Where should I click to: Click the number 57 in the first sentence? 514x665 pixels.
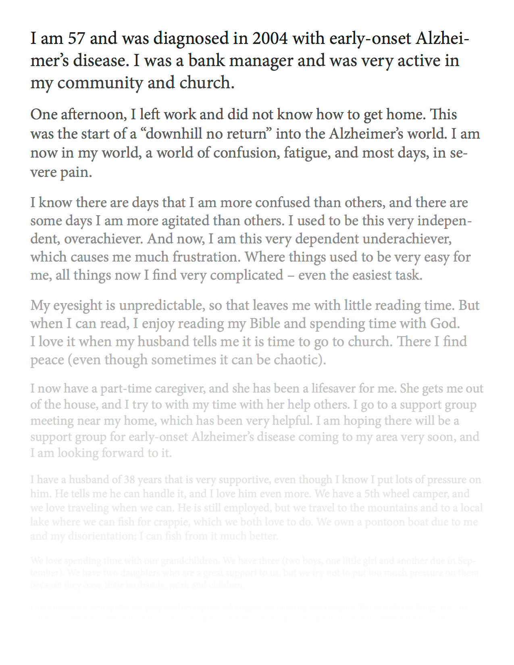77,39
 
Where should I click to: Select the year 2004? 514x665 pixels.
270,39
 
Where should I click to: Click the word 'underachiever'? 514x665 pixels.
407,239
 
